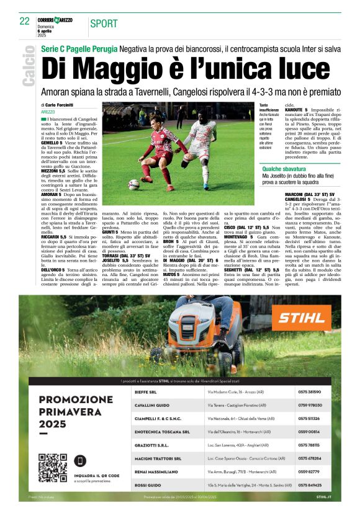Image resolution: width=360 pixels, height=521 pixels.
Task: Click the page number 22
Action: coord(25,21)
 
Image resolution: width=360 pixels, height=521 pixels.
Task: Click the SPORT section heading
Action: coord(104,24)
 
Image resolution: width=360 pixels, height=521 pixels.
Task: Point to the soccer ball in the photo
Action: coord(133,184)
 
